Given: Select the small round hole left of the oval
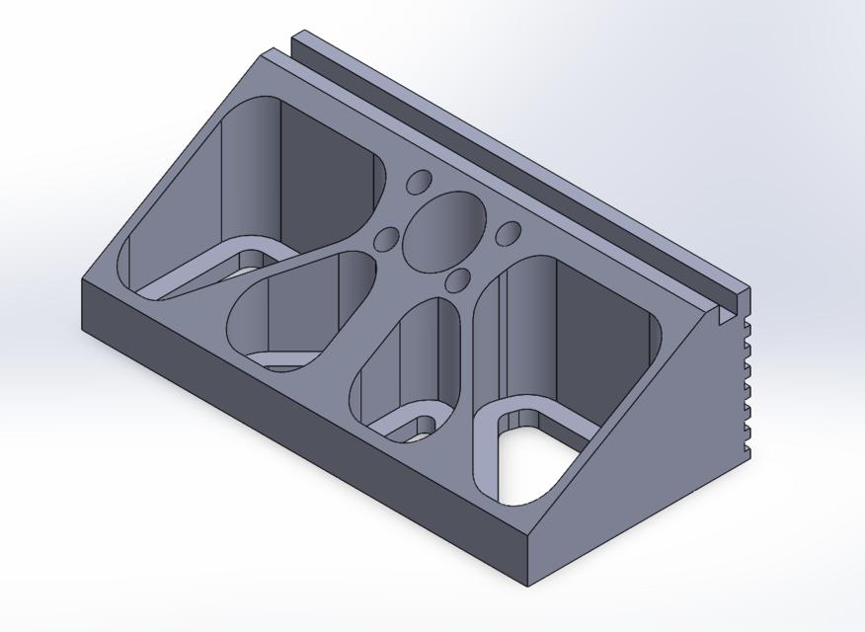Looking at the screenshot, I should click(386, 240).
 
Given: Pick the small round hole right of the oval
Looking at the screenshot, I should click(508, 233).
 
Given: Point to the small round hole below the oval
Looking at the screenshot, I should click(458, 280).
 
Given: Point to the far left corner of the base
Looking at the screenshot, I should click(81, 280).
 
